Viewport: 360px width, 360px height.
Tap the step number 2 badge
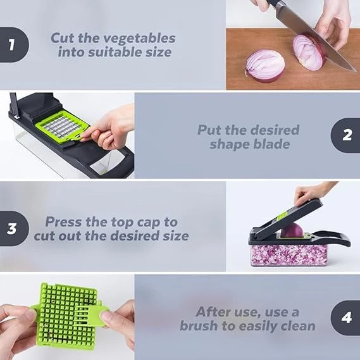tap(346, 135)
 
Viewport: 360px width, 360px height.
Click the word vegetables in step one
tap(142, 38)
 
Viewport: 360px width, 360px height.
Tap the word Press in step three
tap(65, 222)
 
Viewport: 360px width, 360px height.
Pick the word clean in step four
tap(295, 326)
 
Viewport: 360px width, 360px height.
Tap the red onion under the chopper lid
tap(292, 230)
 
